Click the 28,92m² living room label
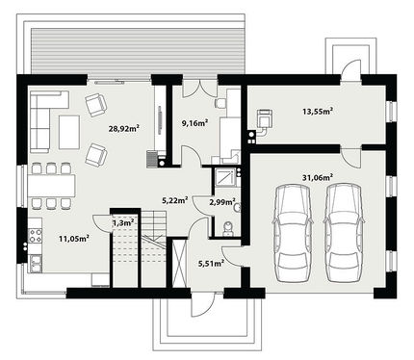click(123, 129)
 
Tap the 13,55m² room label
click(317, 112)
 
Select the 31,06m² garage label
click(318, 177)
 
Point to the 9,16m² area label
click(195, 123)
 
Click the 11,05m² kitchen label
click(74, 238)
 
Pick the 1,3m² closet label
click(123, 222)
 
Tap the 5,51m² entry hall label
click(211, 264)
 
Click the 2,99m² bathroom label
click(222, 202)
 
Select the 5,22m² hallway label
click(175, 201)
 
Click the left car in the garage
click(293, 233)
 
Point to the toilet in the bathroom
click(227, 228)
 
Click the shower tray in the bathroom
click(225, 178)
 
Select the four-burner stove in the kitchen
click(36, 235)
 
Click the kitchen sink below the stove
click(36, 263)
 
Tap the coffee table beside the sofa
click(69, 132)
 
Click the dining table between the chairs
click(52, 186)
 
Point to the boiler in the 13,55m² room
click(265, 117)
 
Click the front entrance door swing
click(202, 305)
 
